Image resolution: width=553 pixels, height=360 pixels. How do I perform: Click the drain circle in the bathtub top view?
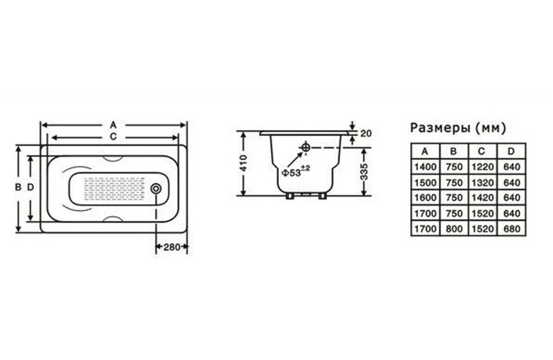click(156, 189)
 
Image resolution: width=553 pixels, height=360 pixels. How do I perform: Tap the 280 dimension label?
click(172, 247)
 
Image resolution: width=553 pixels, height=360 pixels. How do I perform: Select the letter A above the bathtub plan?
click(113, 125)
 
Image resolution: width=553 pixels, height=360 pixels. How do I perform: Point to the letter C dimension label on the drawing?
click(113, 137)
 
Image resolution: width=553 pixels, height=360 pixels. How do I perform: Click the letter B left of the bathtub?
click(18, 187)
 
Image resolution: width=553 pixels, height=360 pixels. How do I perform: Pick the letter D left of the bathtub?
click(30, 187)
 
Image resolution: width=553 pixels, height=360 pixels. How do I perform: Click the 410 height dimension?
click(243, 163)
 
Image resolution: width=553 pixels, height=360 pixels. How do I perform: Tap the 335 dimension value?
click(364, 172)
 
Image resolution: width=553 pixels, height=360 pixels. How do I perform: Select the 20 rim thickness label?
click(367, 133)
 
